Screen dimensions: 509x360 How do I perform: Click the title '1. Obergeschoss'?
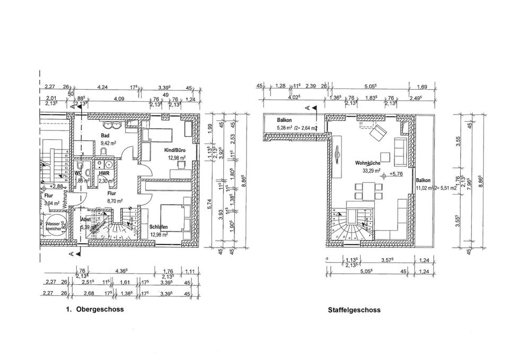click(94, 309)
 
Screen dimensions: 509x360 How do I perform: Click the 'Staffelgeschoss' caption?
click(354, 310)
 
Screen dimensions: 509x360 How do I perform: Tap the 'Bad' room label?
click(105, 135)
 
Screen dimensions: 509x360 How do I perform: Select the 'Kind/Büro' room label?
click(175, 150)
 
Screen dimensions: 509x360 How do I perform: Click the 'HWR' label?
click(103, 173)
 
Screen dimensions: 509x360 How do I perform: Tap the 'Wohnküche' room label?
click(366, 164)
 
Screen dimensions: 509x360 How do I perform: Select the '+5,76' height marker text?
click(396, 173)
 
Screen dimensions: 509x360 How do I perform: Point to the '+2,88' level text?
click(56, 187)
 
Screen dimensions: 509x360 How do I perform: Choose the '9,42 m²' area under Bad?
click(109, 143)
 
